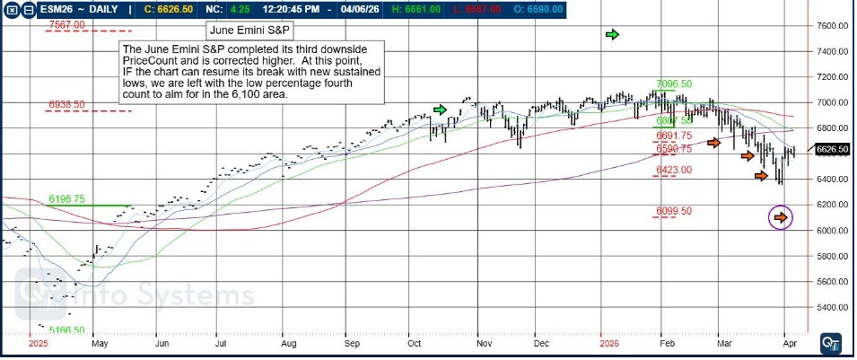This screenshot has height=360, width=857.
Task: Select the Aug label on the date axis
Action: coord(288,343)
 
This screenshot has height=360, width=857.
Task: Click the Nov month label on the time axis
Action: coord(484,343)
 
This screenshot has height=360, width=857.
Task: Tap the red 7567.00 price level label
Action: coord(67,25)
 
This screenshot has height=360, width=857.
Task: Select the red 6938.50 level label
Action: coord(67,105)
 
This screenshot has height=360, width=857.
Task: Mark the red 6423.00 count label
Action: coord(674,170)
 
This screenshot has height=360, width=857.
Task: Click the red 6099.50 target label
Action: coord(674,211)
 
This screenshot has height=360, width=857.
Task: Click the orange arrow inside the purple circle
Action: coord(781,216)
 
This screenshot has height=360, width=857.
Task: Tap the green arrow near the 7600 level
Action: coord(613,34)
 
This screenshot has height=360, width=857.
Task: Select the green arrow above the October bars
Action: coord(440,109)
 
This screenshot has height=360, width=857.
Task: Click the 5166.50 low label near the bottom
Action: coord(67,330)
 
